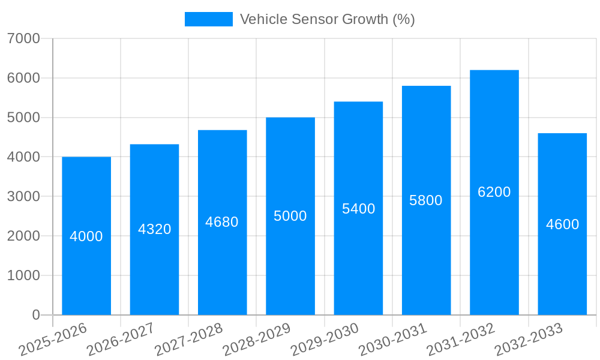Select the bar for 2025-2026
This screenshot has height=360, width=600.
pos(86,236)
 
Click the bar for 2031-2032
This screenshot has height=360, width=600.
pos(494,193)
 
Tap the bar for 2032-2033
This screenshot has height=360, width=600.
pos(562,224)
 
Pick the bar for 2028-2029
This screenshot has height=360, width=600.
pos(290,216)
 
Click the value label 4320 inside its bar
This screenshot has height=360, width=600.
pos(155,229)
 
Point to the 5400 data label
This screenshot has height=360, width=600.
pos(358,209)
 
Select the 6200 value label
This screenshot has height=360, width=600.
pos(494,192)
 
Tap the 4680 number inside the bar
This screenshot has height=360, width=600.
pos(222,222)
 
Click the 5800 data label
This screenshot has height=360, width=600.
pos(426,200)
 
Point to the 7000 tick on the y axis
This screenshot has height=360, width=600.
pos(23,38)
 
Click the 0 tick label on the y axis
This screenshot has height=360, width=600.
pos(36,315)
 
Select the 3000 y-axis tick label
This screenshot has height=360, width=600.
pos(23,197)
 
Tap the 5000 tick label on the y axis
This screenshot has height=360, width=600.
pos(23,118)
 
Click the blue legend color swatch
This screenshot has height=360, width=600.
pos(208,19)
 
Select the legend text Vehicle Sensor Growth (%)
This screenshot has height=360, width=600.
pos(327,19)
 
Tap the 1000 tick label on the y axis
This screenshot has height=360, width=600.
pos(23,275)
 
